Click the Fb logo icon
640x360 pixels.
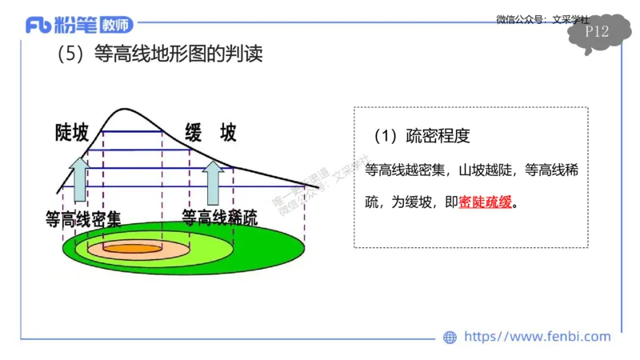39,26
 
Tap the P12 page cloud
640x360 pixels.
598,33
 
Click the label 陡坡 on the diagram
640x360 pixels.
72,133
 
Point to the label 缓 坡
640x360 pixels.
210,133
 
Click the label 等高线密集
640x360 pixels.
83,218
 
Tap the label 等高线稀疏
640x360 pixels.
220,218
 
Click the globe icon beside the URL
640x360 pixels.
450,337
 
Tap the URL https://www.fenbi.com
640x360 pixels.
537,337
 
